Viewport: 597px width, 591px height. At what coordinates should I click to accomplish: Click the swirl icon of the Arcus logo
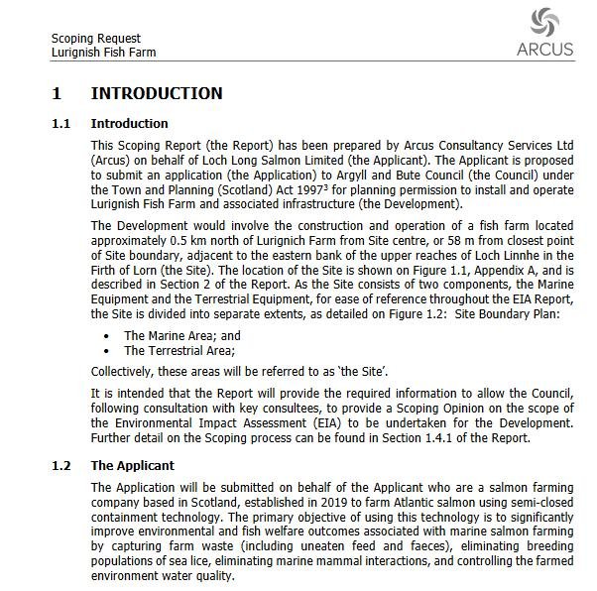coord(544,23)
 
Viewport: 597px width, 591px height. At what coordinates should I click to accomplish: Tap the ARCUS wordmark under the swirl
coord(544,49)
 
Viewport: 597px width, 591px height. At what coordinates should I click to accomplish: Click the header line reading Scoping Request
coord(96,39)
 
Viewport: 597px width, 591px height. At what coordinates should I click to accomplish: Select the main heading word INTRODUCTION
coord(157,93)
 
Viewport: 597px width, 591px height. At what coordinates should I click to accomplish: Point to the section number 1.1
coord(61,124)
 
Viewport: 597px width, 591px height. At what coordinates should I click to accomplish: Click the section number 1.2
coord(61,465)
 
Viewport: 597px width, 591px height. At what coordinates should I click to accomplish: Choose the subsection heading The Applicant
coord(132,465)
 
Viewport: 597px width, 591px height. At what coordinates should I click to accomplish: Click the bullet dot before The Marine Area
coord(107,336)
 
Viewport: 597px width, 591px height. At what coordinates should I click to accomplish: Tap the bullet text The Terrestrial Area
coord(179,350)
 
